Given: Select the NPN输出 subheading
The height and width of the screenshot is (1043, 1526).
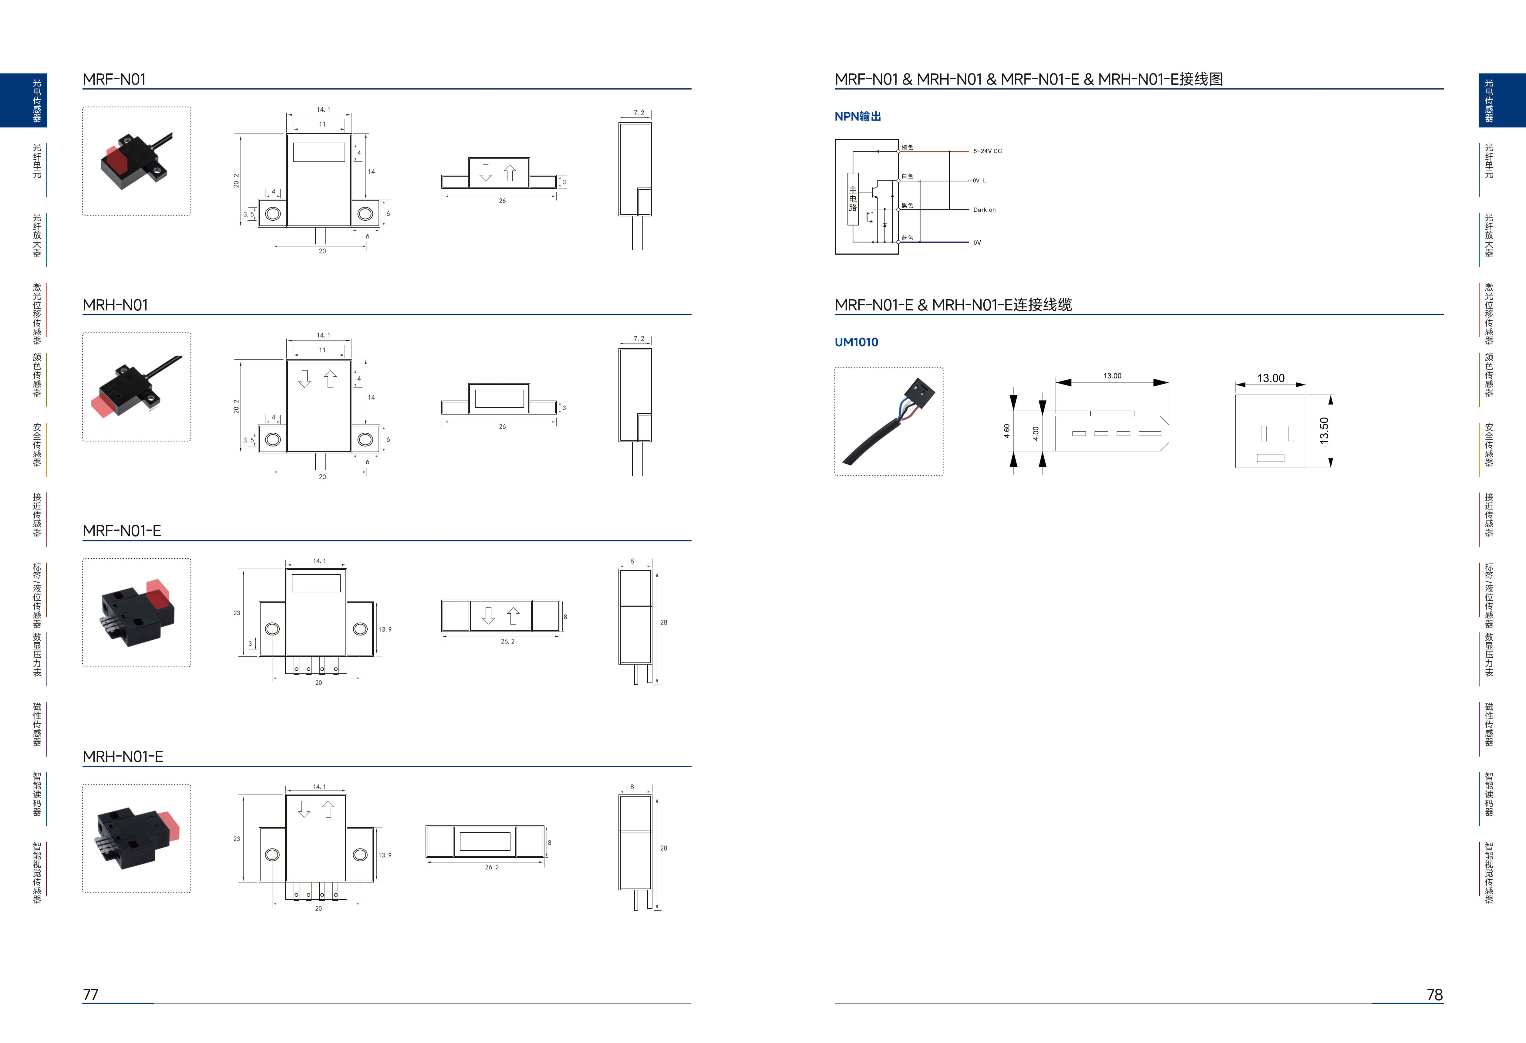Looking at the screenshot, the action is pyautogui.click(x=857, y=116).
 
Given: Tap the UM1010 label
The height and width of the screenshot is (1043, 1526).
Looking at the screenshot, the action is pyautogui.click(x=856, y=342).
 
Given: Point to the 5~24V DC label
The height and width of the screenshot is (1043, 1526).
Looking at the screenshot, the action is pyautogui.click(x=988, y=151).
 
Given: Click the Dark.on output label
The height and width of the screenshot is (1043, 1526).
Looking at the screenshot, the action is pyautogui.click(x=984, y=210).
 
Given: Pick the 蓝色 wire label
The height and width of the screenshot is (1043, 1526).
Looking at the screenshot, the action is pyautogui.click(x=907, y=238).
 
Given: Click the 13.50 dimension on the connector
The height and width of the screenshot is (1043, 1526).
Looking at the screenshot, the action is pyautogui.click(x=1324, y=431).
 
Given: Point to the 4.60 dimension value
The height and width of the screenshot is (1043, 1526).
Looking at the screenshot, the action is pyautogui.click(x=1007, y=431).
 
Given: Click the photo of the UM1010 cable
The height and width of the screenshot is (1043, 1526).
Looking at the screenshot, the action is pyautogui.click(x=888, y=421).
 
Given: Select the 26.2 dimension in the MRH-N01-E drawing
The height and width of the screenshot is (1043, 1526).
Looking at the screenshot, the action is pyautogui.click(x=492, y=867).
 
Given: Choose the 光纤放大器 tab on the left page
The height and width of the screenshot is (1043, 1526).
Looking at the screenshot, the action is pyautogui.click(x=37, y=235).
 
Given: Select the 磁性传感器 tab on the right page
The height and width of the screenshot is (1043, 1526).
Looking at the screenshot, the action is pyautogui.click(x=1489, y=724).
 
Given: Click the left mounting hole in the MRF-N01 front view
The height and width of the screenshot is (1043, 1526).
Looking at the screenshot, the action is pyautogui.click(x=272, y=213).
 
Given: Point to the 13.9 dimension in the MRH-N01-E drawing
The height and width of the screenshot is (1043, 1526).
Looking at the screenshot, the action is pyautogui.click(x=385, y=855).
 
